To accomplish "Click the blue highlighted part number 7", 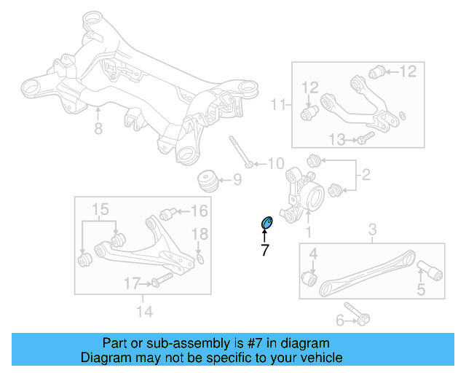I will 266,221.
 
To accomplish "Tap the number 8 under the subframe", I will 99,130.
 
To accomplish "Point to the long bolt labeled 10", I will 240,152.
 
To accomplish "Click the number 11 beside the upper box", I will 277,105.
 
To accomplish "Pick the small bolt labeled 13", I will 366,136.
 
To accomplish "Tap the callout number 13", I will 336,139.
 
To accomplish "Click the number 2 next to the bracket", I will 366,175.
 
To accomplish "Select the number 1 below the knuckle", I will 308,232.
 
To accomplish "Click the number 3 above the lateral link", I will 372,231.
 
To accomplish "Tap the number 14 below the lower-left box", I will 144,313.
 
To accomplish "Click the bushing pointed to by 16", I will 167,213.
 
